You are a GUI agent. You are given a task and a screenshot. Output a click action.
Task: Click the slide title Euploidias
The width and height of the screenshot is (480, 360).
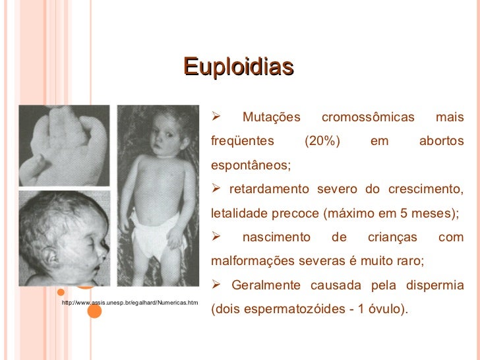[238, 67]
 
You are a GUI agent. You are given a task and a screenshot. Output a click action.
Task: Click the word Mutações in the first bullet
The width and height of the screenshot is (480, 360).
[271, 117]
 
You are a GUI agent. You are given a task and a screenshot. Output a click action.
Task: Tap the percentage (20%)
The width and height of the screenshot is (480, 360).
[322, 141]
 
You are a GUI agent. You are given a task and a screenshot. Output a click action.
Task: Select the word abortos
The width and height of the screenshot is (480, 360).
[441, 141]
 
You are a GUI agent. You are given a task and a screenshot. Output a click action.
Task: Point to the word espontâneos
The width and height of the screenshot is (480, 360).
[250, 165]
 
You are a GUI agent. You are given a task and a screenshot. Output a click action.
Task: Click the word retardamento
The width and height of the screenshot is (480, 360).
[268, 189]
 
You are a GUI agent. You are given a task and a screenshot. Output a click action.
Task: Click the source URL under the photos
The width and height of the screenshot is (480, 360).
[129, 303]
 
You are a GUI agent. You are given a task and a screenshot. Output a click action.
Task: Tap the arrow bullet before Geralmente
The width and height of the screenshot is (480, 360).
[216, 285]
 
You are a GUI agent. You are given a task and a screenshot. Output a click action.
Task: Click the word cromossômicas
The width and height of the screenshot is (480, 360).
[368, 117]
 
